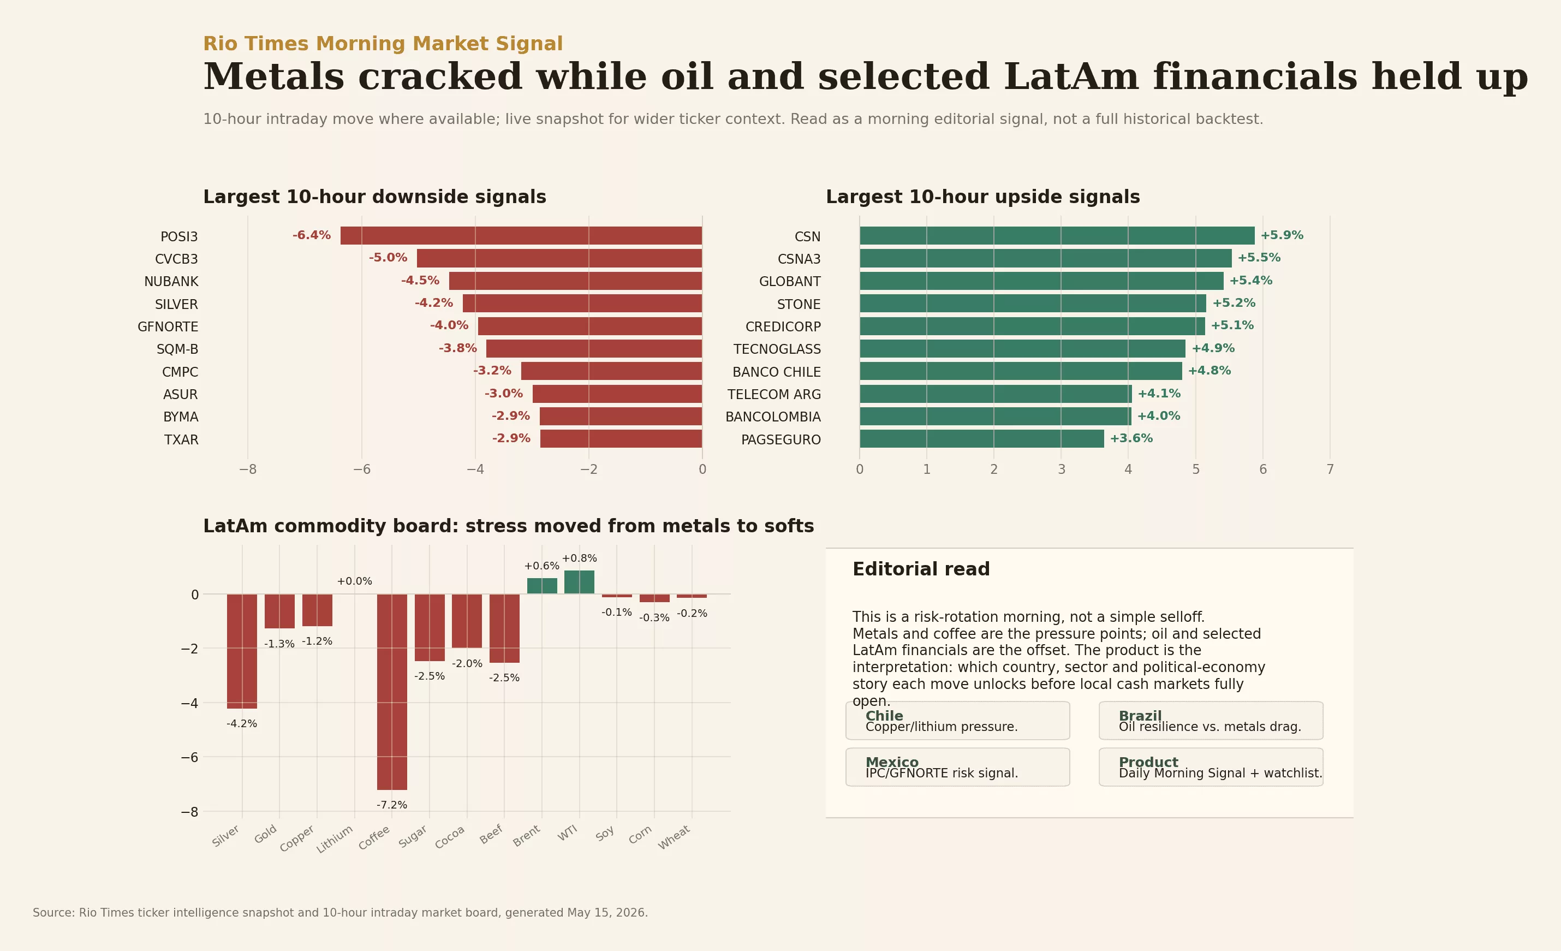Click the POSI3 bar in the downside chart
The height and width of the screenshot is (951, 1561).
click(521, 236)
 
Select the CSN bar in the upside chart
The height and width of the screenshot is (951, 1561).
click(1057, 236)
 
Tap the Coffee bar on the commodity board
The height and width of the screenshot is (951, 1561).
click(392, 692)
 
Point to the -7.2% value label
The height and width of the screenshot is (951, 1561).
click(392, 805)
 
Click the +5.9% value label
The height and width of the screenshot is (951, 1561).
click(1282, 235)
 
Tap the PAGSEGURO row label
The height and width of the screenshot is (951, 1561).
click(780, 439)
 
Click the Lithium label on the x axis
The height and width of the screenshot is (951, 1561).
click(335, 840)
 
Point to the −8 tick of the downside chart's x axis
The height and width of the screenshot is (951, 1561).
click(248, 469)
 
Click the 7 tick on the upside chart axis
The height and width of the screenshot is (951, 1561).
click(1330, 469)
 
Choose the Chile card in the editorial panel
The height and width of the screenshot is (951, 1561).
click(957, 721)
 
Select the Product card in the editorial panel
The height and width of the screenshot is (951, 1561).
click(1211, 767)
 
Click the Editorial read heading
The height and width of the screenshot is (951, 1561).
click(921, 569)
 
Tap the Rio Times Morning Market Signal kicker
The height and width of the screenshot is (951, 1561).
click(383, 44)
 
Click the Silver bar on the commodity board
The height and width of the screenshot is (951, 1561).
click(242, 651)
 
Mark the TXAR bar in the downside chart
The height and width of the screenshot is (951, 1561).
click(621, 439)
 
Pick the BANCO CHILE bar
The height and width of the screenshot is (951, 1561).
click(1021, 371)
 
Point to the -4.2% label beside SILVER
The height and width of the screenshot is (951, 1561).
click(434, 303)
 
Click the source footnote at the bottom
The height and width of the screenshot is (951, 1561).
click(340, 913)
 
